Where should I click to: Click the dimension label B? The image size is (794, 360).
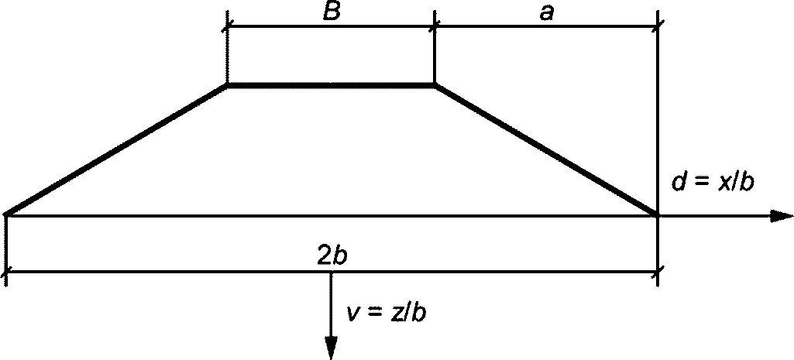(x=332, y=13)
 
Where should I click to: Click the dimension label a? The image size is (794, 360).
(x=547, y=13)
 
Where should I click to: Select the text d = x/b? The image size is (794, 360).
(x=713, y=183)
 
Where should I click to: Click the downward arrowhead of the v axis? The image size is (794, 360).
(x=332, y=348)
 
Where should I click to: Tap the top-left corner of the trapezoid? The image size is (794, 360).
(x=227, y=84)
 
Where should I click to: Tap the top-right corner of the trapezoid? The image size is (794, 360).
(x=434, y=84)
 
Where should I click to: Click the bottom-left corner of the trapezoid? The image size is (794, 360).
(x=7, y=214)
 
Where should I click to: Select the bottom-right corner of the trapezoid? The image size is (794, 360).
(x=657, y=214)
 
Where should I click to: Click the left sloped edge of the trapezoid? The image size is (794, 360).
(x=116, y=149)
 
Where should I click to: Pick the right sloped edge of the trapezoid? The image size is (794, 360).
(x=546, y=149)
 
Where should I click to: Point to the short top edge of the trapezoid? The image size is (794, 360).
(x=331, y=84)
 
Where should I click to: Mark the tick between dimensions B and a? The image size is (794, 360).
(x=434, y=26)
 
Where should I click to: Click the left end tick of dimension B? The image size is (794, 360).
(x=227, y=26)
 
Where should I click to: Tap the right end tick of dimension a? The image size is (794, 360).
(x=657, y=26)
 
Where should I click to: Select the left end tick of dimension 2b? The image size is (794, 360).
(x=6, y=273)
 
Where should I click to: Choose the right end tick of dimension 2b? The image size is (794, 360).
(x=657, y=273)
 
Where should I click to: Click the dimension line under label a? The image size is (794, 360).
(x=546, y=26)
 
